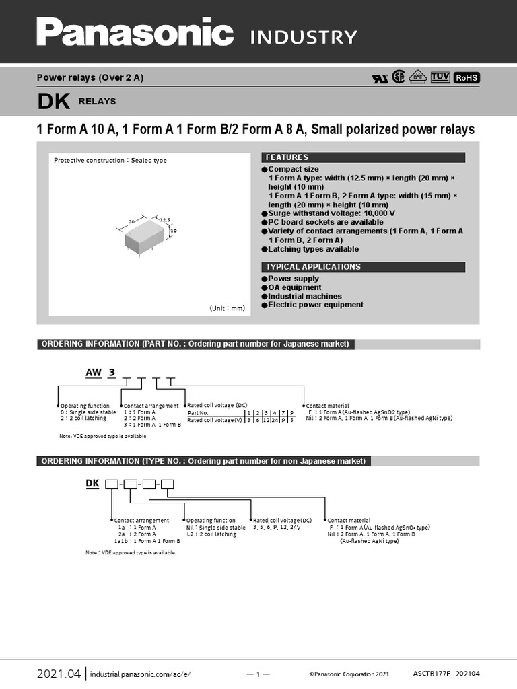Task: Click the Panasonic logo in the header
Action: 135,33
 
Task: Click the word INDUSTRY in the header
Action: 303,36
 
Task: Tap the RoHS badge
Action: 466,78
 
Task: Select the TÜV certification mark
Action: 440,77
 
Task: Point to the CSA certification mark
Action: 399,77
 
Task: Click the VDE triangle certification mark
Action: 419,77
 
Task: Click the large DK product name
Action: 53,102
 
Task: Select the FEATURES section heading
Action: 287,157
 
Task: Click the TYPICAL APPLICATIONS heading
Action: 313,267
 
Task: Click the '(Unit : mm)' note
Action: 228,307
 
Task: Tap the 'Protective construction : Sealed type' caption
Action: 110,161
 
